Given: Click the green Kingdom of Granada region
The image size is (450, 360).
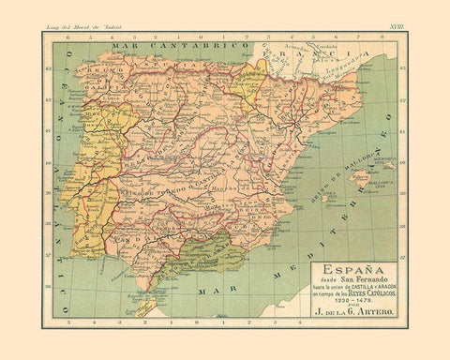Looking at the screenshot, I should pyautogui.click(x=187, y=251).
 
